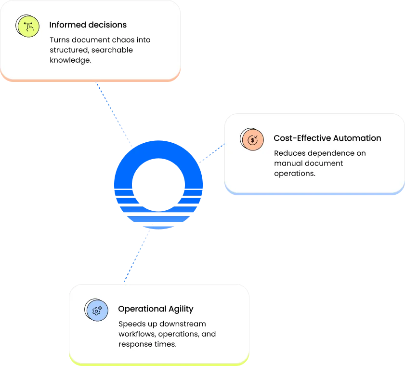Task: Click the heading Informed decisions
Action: point(88,25)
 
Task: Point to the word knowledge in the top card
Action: point(70,60)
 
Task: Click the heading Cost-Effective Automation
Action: point(327,138)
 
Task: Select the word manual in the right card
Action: point(287,163)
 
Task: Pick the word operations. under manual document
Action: point(294,174)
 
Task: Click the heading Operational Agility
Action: point(156,309)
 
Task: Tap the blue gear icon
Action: point(96,310)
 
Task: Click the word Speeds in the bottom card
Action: point(130,324)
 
